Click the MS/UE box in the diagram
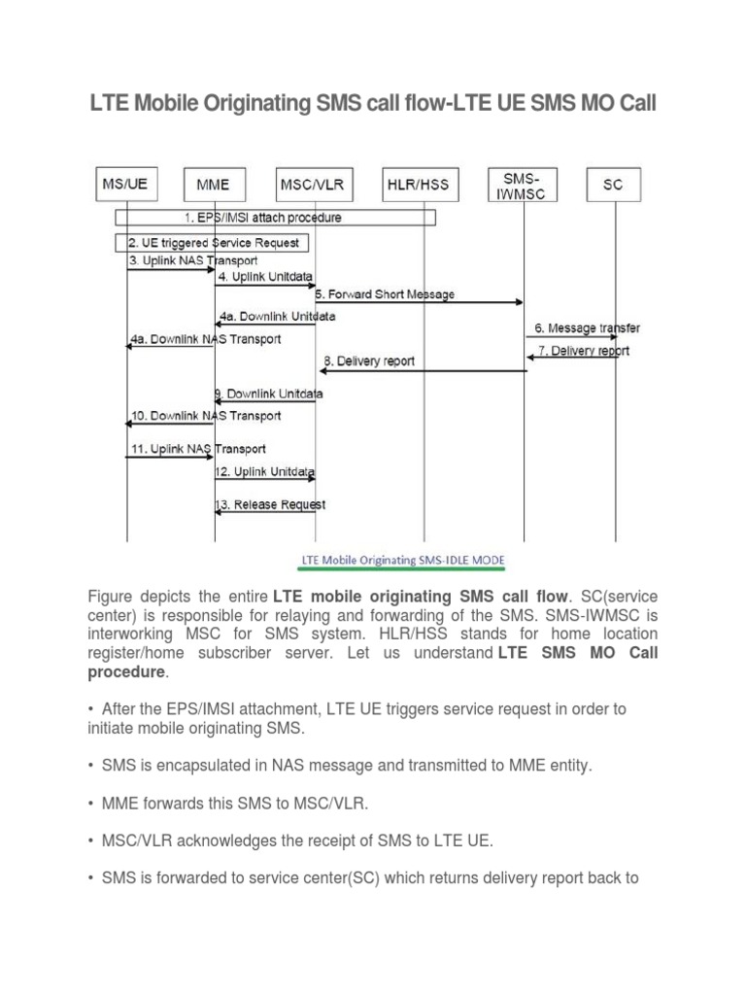124,183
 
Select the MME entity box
214,183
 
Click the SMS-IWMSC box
524,183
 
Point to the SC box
613,183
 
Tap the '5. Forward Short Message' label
385,293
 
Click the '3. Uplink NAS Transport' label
192,260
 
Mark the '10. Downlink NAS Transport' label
205,416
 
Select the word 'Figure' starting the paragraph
110,595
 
